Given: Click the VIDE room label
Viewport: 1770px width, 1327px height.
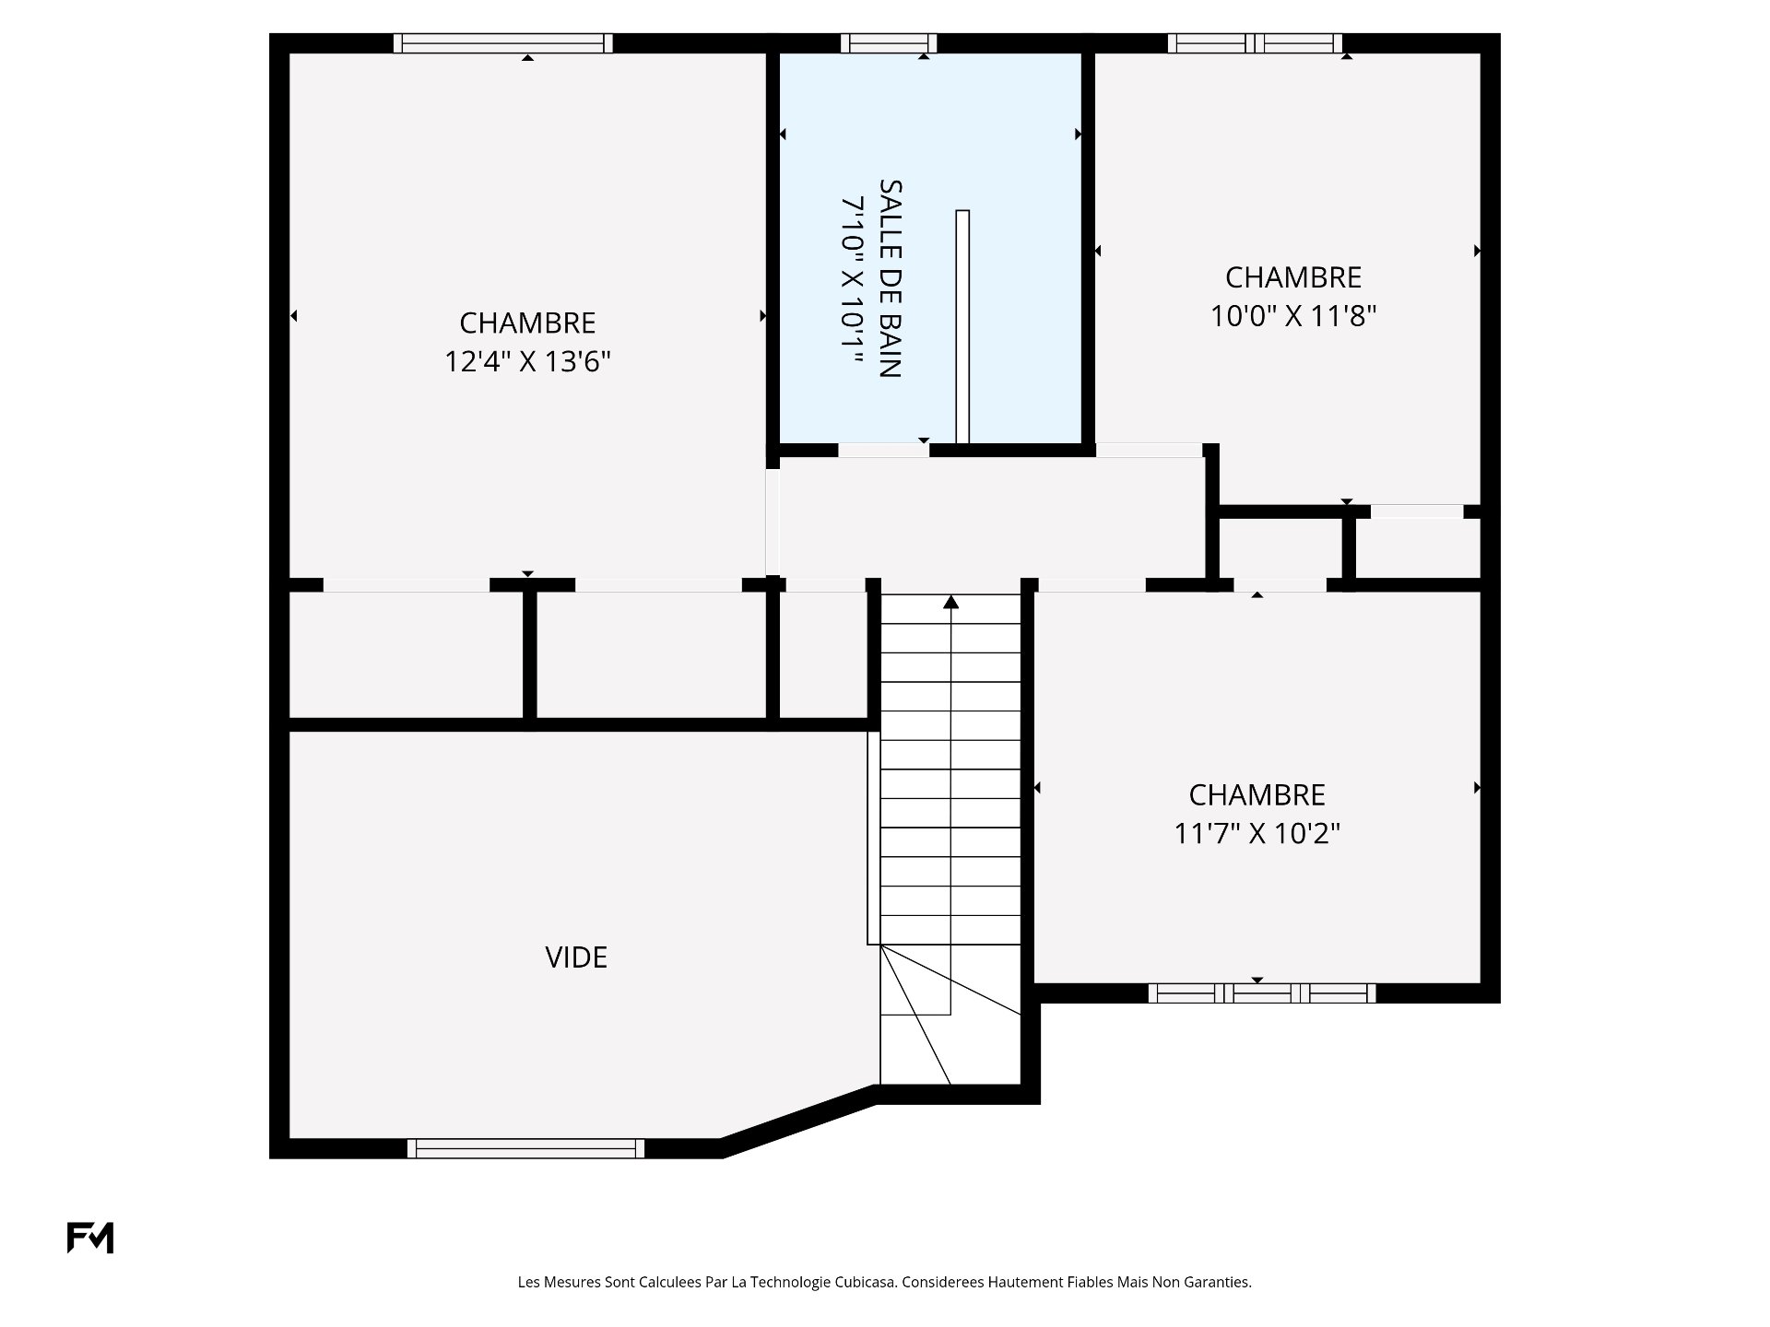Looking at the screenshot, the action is [x=576, y=957].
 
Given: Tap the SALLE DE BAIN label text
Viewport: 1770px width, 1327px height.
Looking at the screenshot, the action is [x=890, y=278].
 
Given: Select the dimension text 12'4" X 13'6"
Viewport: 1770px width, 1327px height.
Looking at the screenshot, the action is [x=528, y=361].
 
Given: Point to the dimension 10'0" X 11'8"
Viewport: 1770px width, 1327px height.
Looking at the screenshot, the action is [x=1293, y=316].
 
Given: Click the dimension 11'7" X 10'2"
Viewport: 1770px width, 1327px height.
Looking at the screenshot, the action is [x=1257, y=833].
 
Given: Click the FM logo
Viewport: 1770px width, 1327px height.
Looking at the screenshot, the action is [x=90, y=1238].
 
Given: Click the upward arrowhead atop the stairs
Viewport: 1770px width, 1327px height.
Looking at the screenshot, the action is [x=951, y=602].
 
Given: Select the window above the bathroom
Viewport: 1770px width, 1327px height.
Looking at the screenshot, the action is [x=889, y=43].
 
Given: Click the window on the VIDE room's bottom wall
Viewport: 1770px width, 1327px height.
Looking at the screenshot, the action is [x=525, y=1148].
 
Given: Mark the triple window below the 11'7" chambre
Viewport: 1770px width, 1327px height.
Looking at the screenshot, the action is [x=1262, y=992].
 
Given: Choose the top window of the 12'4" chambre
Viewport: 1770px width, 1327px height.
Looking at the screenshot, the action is [x=503, y=43].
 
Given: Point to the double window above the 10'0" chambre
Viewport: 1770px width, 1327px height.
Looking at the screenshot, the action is [x=1256, y=43].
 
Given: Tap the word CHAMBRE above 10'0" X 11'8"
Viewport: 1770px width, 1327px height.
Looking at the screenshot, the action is [x=1293, y=277].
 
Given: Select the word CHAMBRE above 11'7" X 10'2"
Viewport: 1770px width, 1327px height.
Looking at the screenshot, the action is [x=1257, y=794].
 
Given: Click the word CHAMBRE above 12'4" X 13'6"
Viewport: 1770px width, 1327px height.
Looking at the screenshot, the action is [x=528, y=323].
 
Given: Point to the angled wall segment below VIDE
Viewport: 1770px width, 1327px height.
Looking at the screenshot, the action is [x=798, y=1121].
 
